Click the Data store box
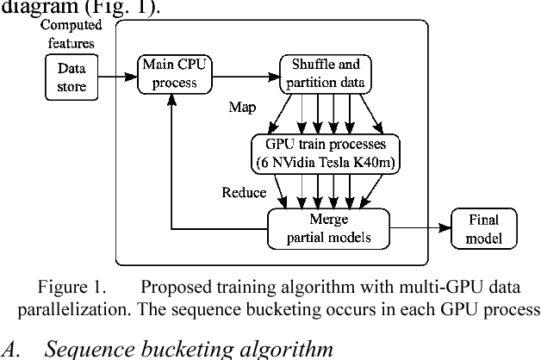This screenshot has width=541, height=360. pyautogui.click(x=72, y=75)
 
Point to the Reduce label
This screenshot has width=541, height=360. pyautogui.click(x=245, y=193)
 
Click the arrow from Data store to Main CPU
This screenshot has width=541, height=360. pyautogui.click(x=116, y=76)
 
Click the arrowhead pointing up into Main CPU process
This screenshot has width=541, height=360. pyautogui.click(x=172, y=98)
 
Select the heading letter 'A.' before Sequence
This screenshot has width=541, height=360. pyautogui.click(x=11, y=349)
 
